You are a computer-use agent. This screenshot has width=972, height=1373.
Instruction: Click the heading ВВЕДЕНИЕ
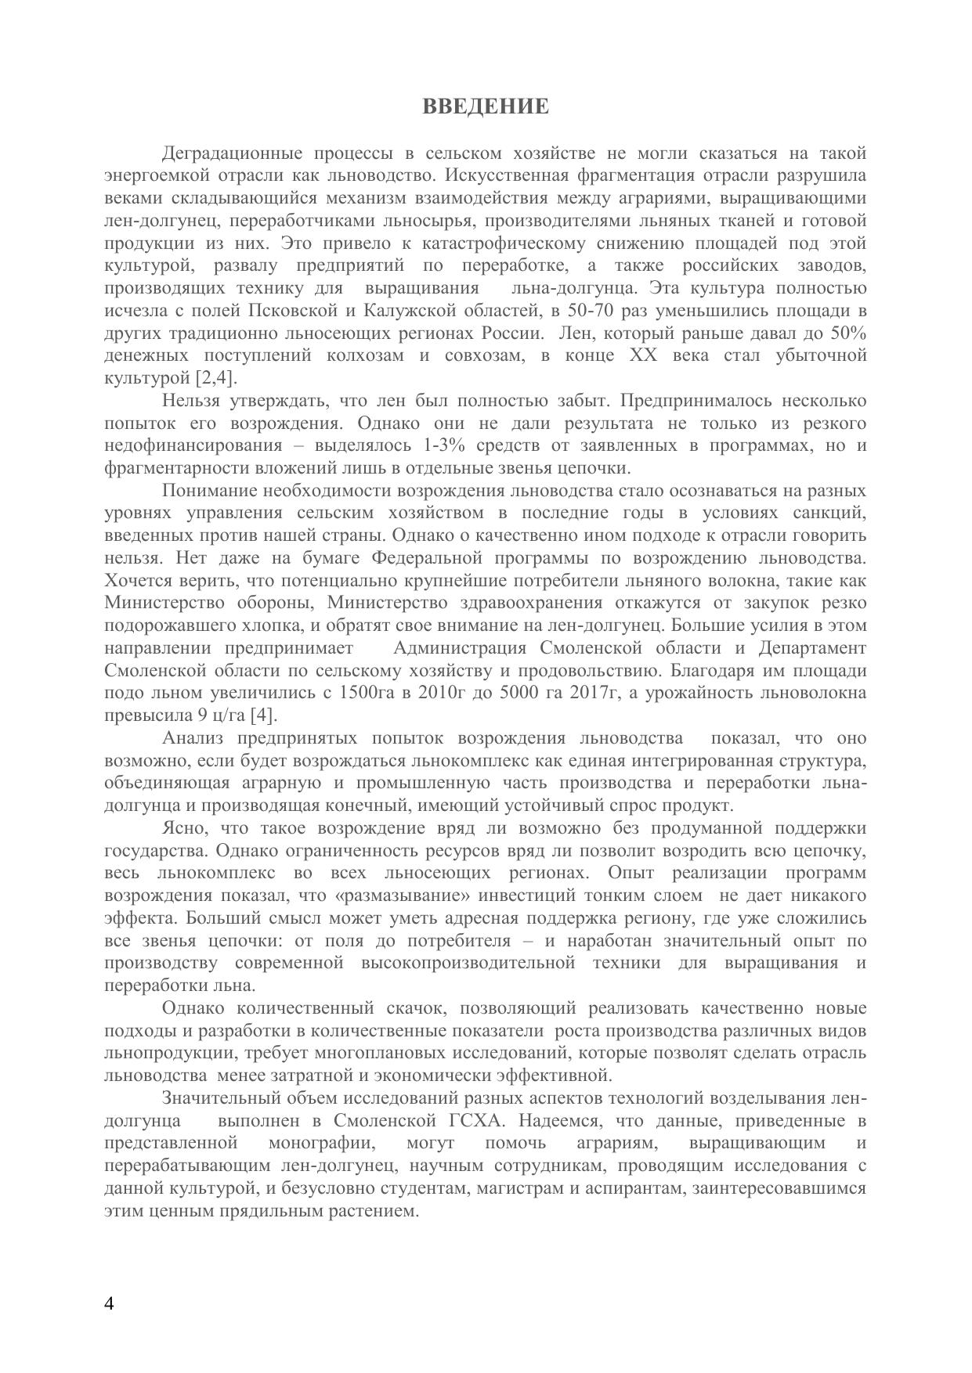tap(486, 106)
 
